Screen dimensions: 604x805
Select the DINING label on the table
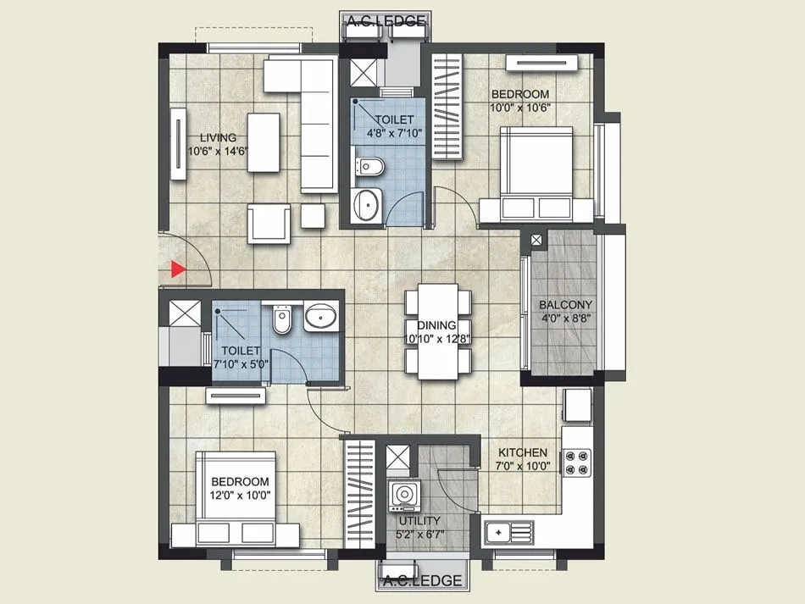click(x=437, y=325)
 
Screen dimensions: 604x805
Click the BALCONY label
click(x=566, y=305)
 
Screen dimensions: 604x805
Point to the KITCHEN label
click(x=522, y=453)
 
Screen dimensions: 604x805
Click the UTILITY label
click(x=419, y=521)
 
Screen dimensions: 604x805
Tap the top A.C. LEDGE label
click(x=385, y=21)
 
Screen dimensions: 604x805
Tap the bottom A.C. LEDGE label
click(x=423, y=580)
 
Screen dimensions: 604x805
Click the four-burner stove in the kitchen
click(x=578, y=463)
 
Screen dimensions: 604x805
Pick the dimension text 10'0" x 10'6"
click(x=519, y=108)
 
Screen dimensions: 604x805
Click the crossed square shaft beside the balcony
click(x=537, y=241)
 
